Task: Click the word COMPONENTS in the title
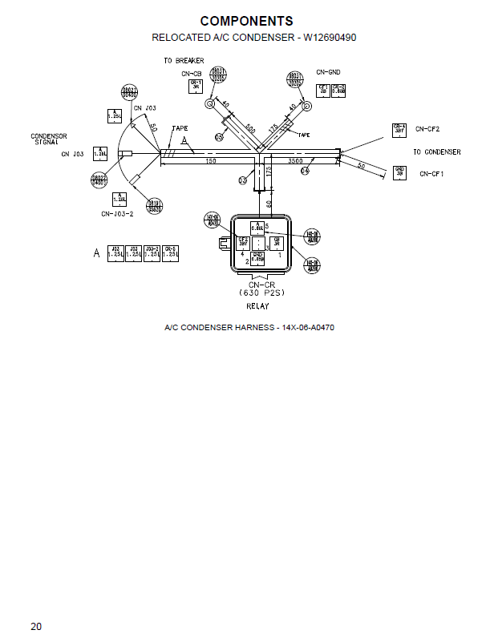click(246, 21)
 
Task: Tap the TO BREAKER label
click(184, 61)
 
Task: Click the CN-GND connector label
click(329, 71)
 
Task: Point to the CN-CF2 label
click(427, 129)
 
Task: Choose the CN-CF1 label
click(431, 173)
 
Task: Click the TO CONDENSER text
click(436, 151)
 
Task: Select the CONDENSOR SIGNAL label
click(49, 139)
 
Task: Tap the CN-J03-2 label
click(117, 214)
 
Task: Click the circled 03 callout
click(242, 180)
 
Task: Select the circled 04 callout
click(306, 172)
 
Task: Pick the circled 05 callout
click(219, 137)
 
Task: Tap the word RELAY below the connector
click(257, 306)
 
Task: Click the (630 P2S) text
click(257, 293)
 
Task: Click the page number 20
click(37, 626)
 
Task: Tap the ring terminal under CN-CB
click(209, 103)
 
